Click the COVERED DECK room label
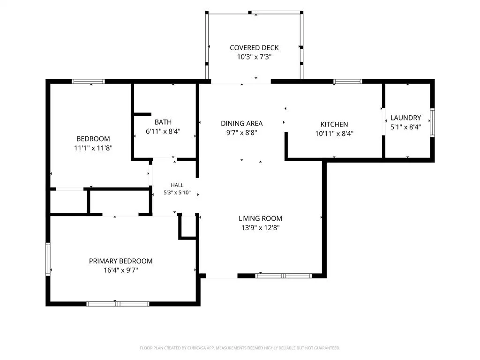(x=254, y=48)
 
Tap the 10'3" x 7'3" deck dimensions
(x=254, y=57)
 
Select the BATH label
(x=163, y=122)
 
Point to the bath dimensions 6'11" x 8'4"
(x=163, y=131)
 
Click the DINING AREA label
(x=242, y=123)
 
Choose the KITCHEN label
(x=334, y=124)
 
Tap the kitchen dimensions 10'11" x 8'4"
(x=334, y=134)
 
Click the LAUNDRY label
(x=406, y=118)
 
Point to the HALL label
(x=177, y=185)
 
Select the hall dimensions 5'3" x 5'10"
(x=177, y=193)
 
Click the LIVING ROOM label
(x=261, y=218)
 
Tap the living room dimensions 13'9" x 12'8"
(x=261, y=228)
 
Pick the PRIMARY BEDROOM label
(x=120, y=261)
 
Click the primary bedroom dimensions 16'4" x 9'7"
(x=120, y=270)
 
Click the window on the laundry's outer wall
(x=432, y=122)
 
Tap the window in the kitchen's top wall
(x=348, y=82)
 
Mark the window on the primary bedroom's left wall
(x=48, y=259)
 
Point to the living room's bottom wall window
(x=284, y=276)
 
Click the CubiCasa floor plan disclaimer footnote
(x=240, y=348)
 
